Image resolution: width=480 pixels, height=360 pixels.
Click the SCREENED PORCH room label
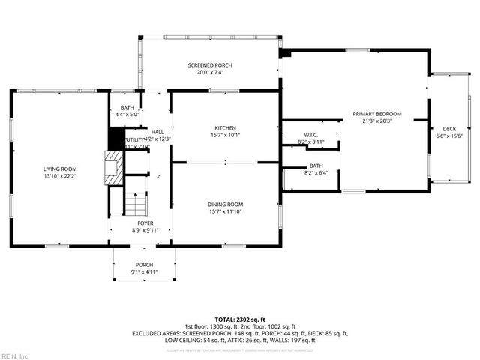point(209,65)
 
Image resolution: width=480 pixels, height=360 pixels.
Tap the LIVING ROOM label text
point(60,169)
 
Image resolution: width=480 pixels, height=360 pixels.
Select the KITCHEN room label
point(226,128)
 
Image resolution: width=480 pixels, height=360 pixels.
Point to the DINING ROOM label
point(226,204)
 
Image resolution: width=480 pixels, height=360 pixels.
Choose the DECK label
point(448,129)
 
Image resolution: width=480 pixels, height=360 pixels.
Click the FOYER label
point(145,223)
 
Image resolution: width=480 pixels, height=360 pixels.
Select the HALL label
point(157,132)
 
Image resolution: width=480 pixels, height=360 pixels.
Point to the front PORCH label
point(144,265)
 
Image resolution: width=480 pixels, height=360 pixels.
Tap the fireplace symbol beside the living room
point(112,166)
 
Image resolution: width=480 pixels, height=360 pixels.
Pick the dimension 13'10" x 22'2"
point(60,178)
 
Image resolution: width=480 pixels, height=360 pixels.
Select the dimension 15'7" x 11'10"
point(226,212)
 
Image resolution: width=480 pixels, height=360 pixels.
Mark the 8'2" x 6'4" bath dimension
point(316,173)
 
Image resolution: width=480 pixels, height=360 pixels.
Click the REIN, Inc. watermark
point(15,355)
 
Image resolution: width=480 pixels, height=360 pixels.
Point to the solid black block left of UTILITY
point(115,138)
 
